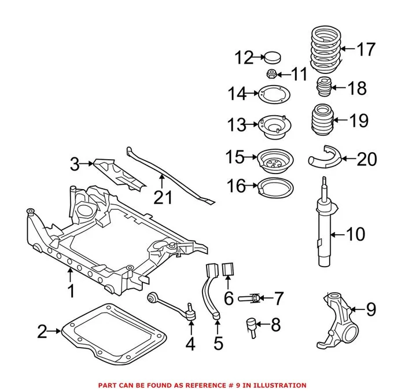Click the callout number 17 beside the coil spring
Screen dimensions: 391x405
(366, 49)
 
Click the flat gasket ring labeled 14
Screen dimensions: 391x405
(273, 94)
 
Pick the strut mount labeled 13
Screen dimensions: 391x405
(273, 126)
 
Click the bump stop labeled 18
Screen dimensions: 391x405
(325, 88)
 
